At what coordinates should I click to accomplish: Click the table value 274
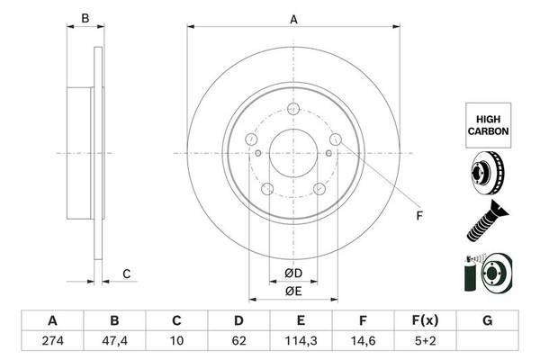(53, 341)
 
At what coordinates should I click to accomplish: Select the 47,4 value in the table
(114, 341)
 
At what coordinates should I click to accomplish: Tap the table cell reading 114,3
(301, 341)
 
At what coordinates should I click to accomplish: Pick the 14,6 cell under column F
(363, 341)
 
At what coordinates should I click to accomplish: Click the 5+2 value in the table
(425, 341)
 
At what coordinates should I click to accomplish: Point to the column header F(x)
(425, 320)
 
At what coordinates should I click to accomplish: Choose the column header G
(487, 320)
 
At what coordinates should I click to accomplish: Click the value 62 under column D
(238, 341)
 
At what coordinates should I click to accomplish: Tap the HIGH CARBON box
(488, 125)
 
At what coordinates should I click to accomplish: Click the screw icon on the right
(487, 220)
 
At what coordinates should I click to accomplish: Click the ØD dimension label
(293, 274)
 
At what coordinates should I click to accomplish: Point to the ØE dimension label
(293, 292)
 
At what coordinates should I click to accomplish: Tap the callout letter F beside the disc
(419, 216)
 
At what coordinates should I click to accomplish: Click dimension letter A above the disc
(293, 20)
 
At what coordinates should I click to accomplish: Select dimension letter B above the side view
(85, 18)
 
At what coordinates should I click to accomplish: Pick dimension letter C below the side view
(126, 274)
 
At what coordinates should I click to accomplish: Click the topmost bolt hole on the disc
(293, 109)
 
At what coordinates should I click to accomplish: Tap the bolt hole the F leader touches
(336, 139)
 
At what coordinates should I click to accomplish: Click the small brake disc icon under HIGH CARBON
(487, 173)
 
